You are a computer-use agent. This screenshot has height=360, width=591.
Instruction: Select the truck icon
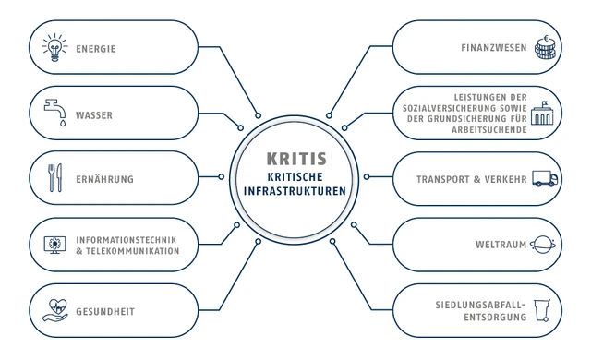click(x=545, y=178)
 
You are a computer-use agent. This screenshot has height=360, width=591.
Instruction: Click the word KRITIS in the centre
click(x=295, y=158)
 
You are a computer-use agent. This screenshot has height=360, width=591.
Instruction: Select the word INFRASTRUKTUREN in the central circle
click(x=295, y=191)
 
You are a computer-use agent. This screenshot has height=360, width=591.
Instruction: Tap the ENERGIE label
click(x=96, y=48)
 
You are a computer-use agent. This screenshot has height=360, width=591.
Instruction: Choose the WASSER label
click(x=94, y=115)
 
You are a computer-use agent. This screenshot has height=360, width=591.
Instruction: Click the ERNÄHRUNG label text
click(x=105, y=179)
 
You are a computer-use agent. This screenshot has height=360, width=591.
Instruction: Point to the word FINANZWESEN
click(x=493, y=47)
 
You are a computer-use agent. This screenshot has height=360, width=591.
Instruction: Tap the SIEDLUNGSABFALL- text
click(x=480, y=304)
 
